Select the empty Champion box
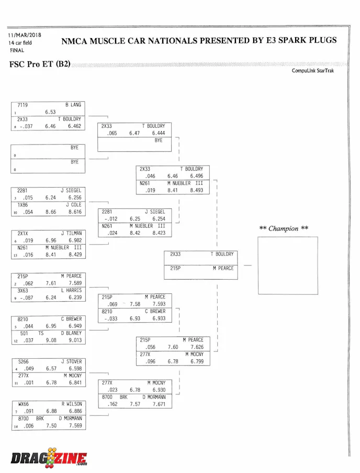(x=287, y=266)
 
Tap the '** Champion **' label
(x=284, y=228)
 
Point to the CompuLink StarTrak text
(x=312, y=71)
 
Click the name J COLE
(x=73, y=205)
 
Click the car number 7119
(x=22, y=105)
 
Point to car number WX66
(x=23, y=404)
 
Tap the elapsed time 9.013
(x=75, y=340)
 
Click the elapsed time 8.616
(x=75, y=212)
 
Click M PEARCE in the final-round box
(x=223, y=268)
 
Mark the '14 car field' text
(x=22, y=42)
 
